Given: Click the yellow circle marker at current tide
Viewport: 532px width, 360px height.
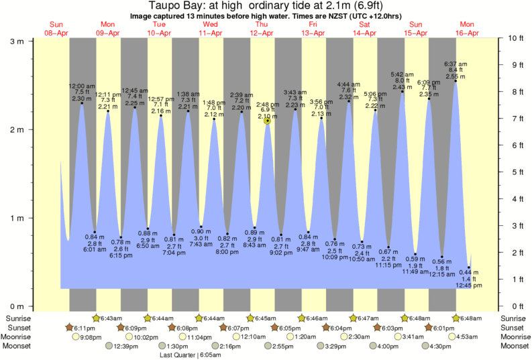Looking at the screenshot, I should [268, 121].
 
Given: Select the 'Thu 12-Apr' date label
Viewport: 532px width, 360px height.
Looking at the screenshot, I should [262, 29].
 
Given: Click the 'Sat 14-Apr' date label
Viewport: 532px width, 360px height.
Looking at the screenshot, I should [364, 29].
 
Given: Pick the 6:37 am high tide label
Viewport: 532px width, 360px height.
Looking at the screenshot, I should [456, 64].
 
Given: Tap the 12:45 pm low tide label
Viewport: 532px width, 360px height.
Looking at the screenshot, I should [469, 285].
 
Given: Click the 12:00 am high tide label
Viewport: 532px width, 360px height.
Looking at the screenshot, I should [82, 86].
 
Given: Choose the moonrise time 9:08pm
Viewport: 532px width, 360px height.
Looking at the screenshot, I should [91, 337].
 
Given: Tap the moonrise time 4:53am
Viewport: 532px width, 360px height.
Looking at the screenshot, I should [468, 337].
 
